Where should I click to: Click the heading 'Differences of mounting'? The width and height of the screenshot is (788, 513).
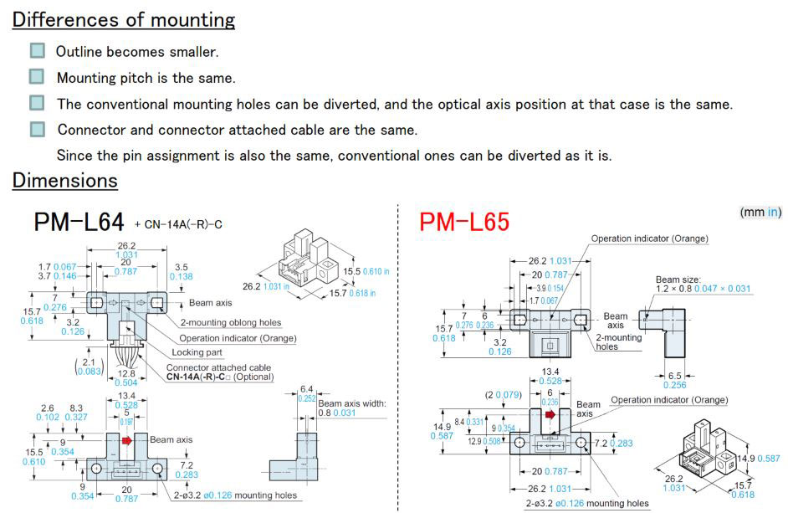(124, 19)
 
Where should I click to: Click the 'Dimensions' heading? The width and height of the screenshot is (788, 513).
(64, 180)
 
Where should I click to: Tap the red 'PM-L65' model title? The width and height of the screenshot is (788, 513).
(464, 222)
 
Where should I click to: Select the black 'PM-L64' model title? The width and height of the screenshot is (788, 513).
(79, 222)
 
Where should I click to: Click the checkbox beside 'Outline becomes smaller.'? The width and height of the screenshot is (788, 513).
(37, 51)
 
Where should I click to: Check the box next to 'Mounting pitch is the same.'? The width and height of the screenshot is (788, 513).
(37, 77)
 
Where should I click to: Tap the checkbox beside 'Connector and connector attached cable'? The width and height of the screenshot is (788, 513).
(37, 129)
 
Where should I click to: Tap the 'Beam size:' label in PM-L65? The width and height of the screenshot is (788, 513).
(678, 279)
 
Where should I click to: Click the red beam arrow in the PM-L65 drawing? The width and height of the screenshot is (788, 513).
(550, 413)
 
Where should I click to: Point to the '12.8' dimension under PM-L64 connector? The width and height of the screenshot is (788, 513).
(126, 373)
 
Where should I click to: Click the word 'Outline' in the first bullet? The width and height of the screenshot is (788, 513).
(79, 51)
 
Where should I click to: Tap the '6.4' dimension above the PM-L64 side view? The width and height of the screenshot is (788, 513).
(306, 388)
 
